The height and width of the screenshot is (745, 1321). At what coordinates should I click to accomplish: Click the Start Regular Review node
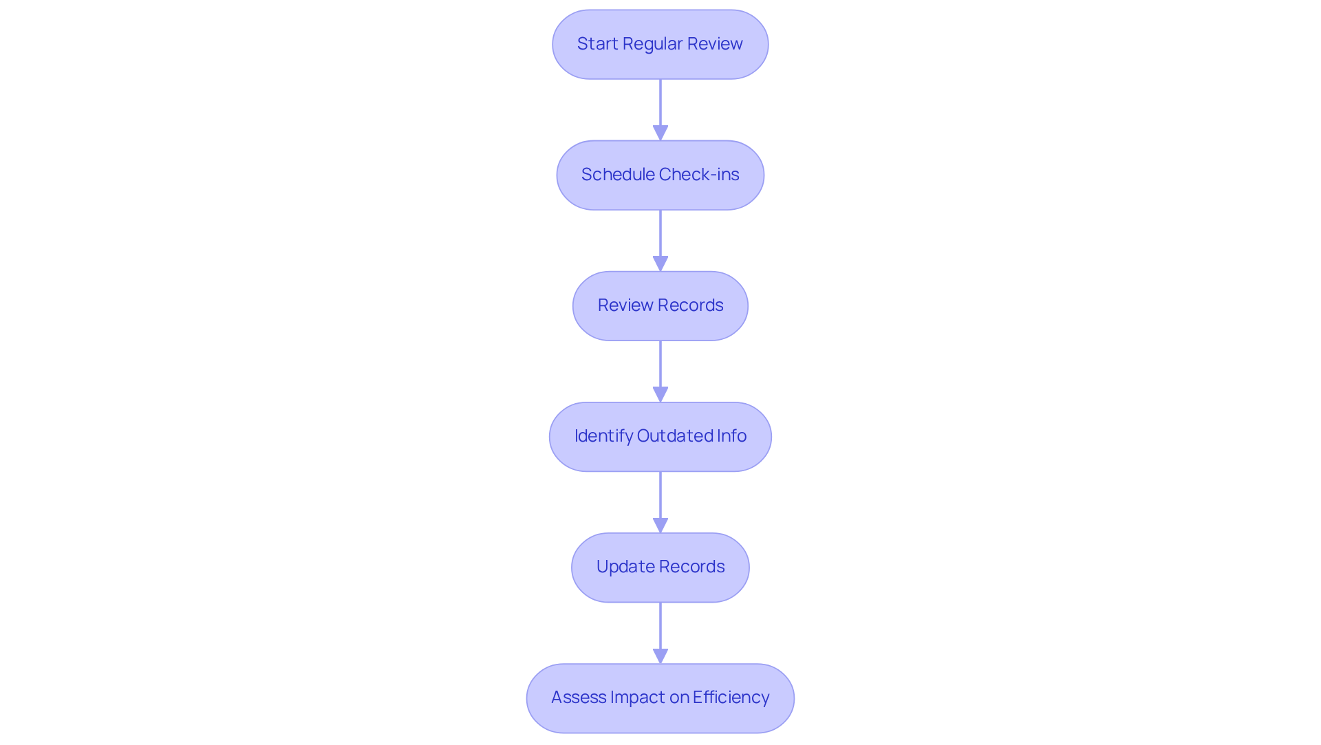point(660,44)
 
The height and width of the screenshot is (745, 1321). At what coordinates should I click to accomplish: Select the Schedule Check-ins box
point(660,175)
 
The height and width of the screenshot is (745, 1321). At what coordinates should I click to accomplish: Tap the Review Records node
point(660,305)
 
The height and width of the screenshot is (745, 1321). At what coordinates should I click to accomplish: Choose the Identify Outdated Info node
point(660,436)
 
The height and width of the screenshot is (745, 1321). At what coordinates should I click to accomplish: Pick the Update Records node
point(660,567)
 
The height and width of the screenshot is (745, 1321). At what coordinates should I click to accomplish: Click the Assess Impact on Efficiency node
point(660,698)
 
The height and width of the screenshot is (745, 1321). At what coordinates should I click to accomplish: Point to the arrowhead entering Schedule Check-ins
point(660,133)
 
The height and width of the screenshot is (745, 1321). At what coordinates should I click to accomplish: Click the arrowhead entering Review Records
point(660,263)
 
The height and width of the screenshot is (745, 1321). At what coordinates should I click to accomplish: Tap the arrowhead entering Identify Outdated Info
point(660,394)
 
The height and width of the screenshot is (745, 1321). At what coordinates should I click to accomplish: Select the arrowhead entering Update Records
point(660,525)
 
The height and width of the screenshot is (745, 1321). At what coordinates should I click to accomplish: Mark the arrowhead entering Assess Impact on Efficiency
point(660,656)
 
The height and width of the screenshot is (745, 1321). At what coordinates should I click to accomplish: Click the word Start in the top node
point(597,44)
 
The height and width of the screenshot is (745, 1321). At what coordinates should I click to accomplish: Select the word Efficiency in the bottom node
point(731,698)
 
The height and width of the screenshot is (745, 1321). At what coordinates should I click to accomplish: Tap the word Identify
point(603,436)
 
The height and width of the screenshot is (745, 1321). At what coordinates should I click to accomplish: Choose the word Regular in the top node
point(652,44)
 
